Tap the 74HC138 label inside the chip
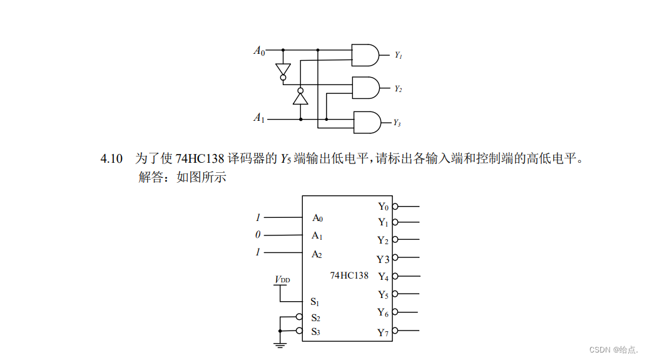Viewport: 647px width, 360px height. click(x=349, y=275)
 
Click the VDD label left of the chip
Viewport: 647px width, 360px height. click(x=283, y=279)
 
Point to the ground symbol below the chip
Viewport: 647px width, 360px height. click(x=280, y=344)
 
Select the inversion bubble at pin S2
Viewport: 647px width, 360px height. click(x=299, y=317)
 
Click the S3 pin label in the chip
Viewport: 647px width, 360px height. click(x=316, y=331)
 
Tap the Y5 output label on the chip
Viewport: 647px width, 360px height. click(x=384, y=294)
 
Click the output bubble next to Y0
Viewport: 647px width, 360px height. click(x=395, y=206)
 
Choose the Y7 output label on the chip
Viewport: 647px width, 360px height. click(x=384, y=332)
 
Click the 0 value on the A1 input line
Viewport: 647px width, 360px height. click(x=258, y=235)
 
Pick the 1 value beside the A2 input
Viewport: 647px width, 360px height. click(x=258, y=253)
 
